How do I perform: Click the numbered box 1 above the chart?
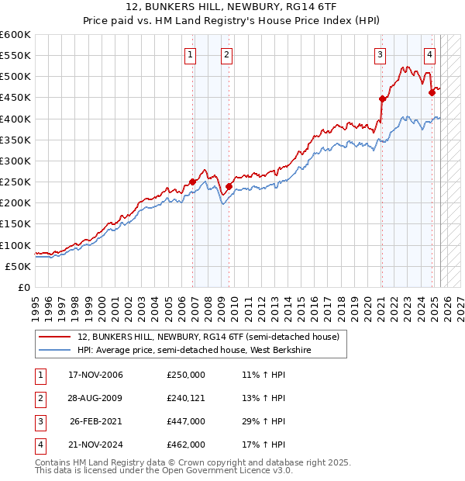[191, 54]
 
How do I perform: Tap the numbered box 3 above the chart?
[381, 54]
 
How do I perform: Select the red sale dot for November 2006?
[192, 182]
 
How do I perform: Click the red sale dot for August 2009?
[229, 186]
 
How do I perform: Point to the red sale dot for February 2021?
[382, 99]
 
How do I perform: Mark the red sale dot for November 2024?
[432, 92]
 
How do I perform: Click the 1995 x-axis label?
[36, 305]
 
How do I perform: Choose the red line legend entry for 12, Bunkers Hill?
[208, 337]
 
